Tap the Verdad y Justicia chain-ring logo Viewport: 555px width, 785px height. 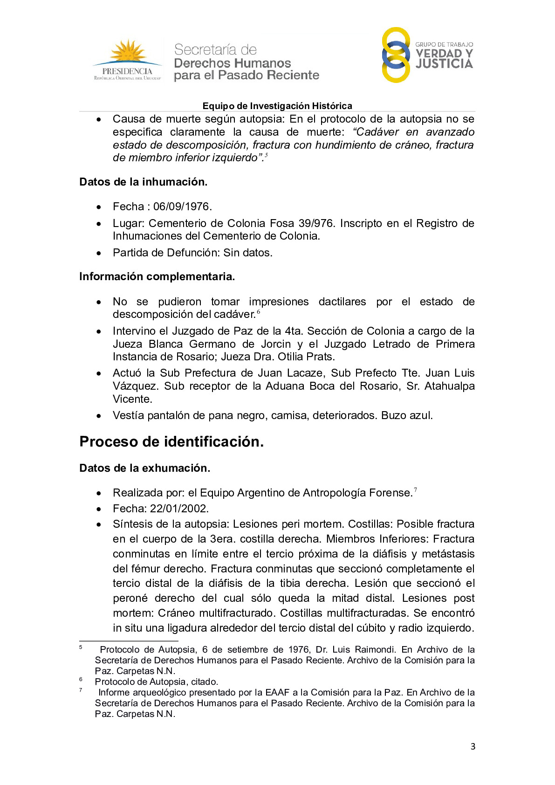click(x=396, y=55)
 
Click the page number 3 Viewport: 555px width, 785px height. click(x=473, y=746)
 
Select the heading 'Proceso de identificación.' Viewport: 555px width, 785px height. click(x=171, y=441)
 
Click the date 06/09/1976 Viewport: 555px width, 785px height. click(x=182, y=207)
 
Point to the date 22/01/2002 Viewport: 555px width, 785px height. click(x=179, y=509)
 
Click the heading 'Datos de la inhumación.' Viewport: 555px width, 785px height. click(x=143, y=182)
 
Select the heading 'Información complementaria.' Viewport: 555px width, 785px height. click(x=157, y=276)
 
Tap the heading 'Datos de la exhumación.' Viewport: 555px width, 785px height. click(x=144, y=468)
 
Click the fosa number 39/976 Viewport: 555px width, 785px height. click(x=315, y=223)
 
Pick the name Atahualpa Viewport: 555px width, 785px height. click(x=449, y=386)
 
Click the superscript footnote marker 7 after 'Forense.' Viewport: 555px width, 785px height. click(x=415, y=490)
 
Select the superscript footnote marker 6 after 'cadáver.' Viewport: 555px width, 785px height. click(x=259, y=312)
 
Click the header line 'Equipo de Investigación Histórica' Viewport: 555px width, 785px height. click(x=277, y=106)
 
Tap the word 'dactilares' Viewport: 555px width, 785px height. click(x=342, y=302)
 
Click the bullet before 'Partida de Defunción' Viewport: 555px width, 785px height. click(x=99, y=253)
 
